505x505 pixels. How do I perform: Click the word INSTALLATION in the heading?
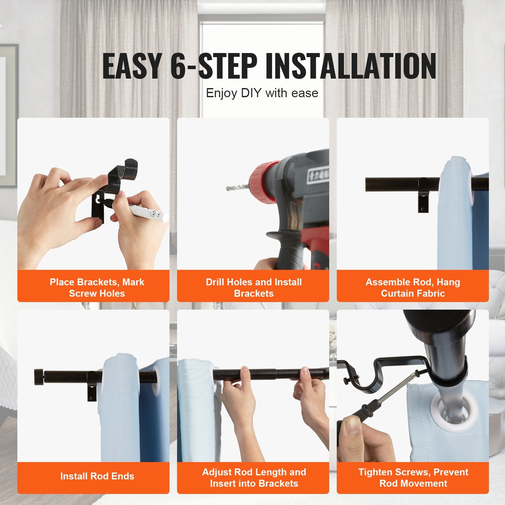click(351, 66)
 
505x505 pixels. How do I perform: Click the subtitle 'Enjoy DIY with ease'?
click(262, 93)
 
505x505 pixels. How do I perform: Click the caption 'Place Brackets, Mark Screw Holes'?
click(97, 288)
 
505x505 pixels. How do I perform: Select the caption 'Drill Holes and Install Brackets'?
click(254, 288)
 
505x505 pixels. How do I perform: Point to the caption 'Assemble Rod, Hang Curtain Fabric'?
click(413, 288)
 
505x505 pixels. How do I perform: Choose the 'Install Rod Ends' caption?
click(97, 476)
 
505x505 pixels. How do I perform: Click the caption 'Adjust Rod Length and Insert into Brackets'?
click(254, 478)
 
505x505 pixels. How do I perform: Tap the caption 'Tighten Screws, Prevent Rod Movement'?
click(413, 478)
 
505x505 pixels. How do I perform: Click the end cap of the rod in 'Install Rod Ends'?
click(39, 377)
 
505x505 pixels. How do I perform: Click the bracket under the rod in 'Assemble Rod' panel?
click(424, 196)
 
